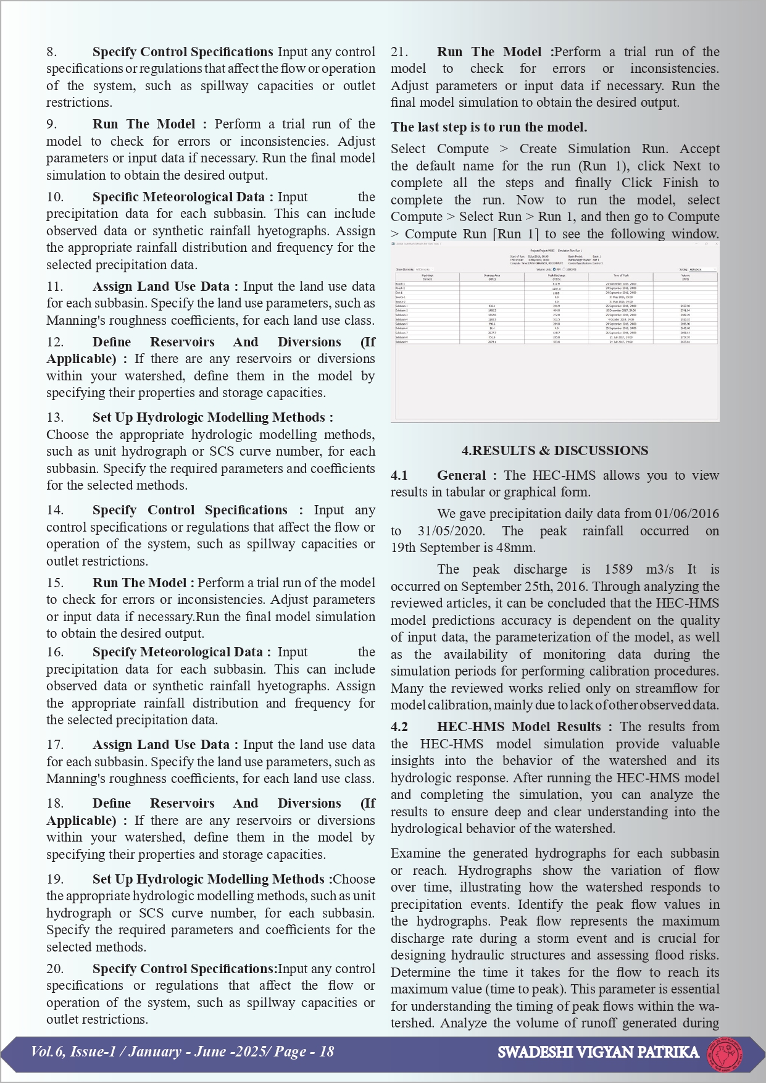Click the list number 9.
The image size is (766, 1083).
pos(51,124)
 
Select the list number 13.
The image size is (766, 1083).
pos(55,417)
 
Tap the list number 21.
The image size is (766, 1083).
pos(399,52)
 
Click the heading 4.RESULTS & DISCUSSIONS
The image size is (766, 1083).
pos(554,451)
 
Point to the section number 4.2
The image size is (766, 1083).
pos(399,727)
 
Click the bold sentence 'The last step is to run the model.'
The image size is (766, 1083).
pos(489,127)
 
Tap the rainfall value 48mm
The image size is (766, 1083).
pos(521,548)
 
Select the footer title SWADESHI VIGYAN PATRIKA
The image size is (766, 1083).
pos(598,1052)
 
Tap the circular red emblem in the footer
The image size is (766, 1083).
pos(725,1053)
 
